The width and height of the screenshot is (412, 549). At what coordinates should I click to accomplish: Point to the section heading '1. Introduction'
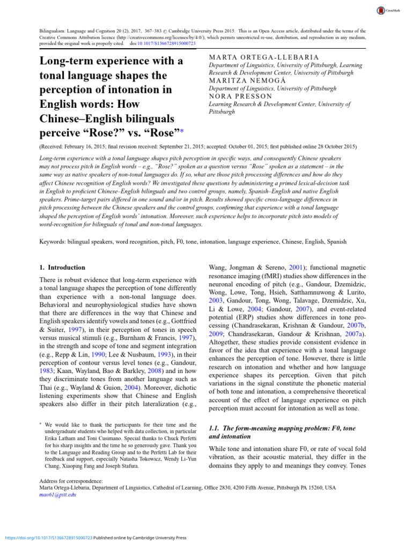tap(63, 267)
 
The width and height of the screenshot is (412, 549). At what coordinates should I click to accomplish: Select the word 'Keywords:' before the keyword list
tap(53, 242)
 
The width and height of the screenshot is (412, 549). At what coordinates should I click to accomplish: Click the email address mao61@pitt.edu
tap(58, 495)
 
